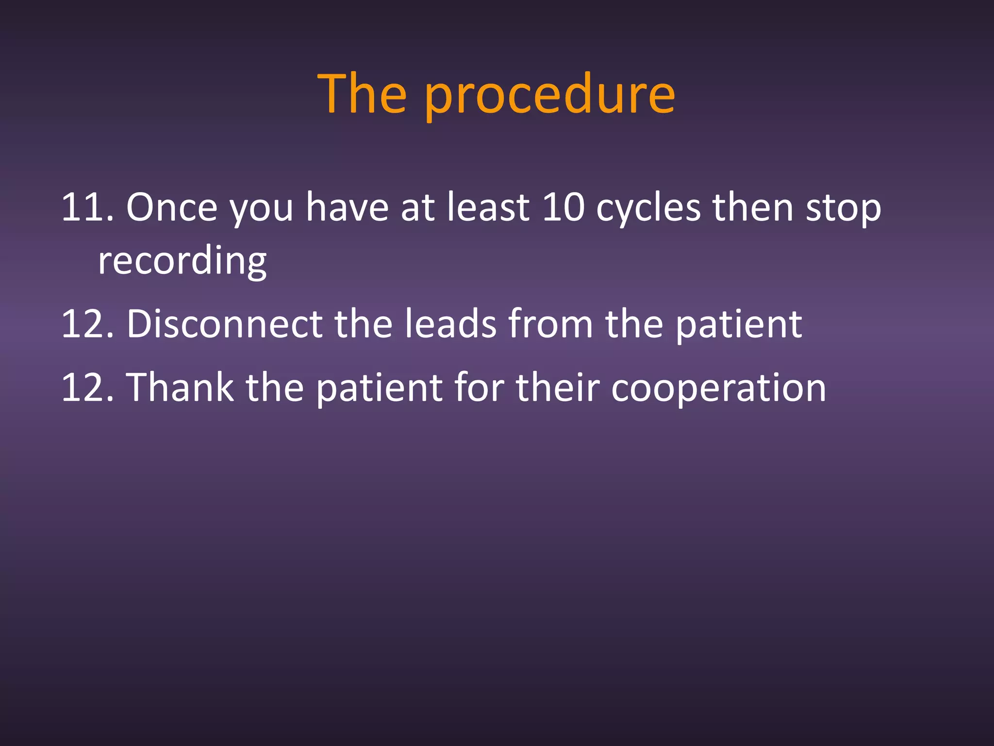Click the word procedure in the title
549,95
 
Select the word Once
172,208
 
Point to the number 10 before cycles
563,208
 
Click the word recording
182,262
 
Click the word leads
450,324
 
